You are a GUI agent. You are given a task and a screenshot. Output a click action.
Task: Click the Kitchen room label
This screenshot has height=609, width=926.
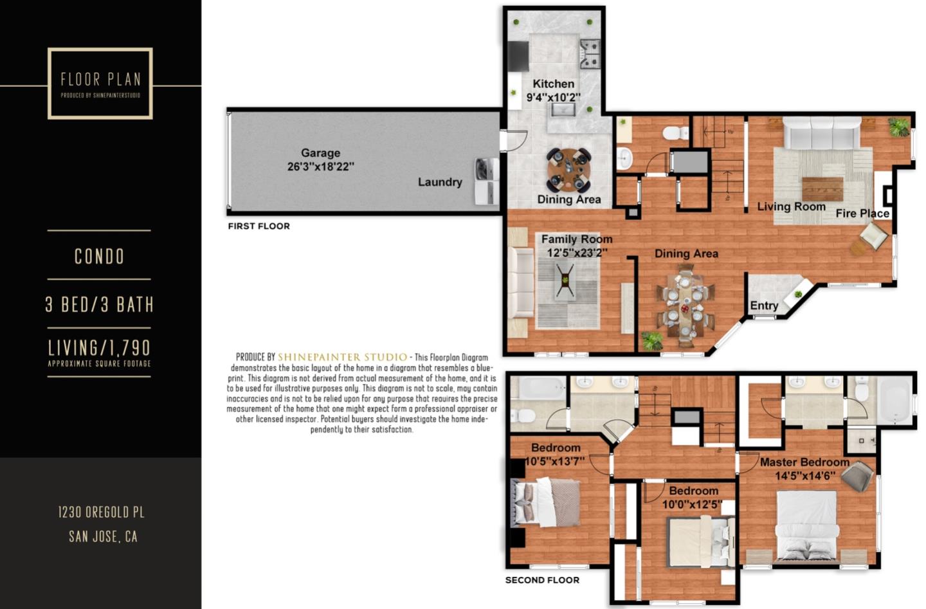[554, 84]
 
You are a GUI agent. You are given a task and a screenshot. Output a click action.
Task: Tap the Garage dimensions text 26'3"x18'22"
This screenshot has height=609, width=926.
[321, 167]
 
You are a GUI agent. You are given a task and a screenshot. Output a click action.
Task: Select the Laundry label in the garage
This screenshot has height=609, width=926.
[440, 182]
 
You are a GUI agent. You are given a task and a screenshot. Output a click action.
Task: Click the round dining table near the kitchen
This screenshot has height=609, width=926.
[569, 170]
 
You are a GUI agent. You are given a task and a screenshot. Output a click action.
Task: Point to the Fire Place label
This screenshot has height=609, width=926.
[862, 214]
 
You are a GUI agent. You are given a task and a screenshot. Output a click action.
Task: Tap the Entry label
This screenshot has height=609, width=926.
[764, 305]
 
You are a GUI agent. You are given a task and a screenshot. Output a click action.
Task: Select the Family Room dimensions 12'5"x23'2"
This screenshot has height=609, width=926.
[577, 252]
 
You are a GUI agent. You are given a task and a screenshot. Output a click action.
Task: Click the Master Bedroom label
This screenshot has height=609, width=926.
[804, 462]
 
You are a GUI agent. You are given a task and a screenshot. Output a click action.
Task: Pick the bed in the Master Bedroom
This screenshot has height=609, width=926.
[808, 527]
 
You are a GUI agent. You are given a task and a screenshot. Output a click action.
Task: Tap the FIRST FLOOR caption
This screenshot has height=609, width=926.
[259, 226]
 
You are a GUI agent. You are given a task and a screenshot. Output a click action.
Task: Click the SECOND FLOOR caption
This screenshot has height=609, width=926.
[542, 580]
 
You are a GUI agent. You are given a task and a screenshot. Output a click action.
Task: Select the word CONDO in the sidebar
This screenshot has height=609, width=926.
[99, 257]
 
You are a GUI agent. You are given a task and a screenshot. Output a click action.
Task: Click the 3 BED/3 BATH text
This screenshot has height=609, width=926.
[99, 304]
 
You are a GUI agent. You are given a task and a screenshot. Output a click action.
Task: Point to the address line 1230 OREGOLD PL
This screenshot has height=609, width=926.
[102, 513]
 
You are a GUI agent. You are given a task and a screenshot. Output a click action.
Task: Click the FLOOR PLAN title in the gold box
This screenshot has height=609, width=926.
[101, 79]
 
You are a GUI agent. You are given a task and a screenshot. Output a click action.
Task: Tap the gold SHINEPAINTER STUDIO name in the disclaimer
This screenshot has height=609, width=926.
[342, 357]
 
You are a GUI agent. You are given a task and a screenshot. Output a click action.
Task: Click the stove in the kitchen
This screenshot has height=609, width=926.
[590, 54]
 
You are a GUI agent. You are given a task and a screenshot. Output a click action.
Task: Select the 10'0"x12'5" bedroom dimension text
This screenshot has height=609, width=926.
[692, 504]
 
